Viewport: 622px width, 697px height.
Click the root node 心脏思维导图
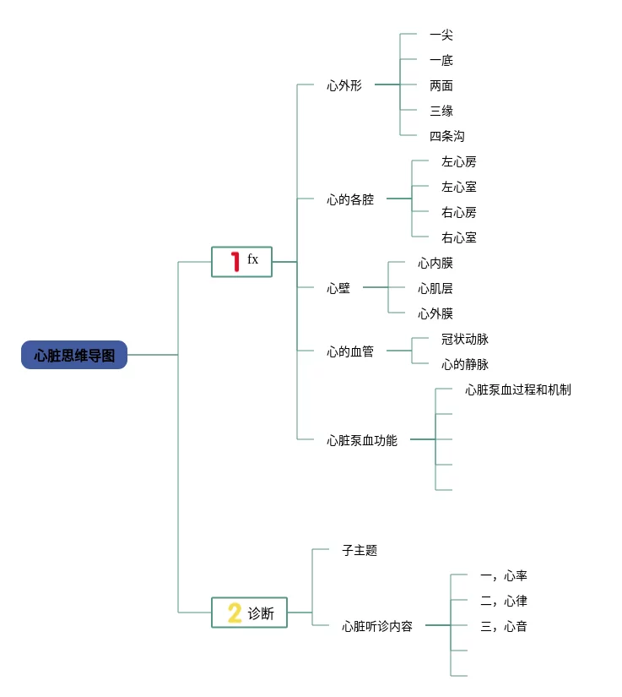(74, 356)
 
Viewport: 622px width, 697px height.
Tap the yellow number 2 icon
(234, 613)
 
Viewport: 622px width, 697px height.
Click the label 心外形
(344, 85)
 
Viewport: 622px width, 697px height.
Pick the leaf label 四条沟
(446, 136)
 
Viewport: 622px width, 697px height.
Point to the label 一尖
(441, 35)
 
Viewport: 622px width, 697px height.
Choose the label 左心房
(458, 161)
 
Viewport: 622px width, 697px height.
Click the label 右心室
(458, 237)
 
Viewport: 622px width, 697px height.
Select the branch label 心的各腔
(350, 199)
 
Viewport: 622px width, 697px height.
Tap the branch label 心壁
(338, 288)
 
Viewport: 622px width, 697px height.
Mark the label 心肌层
(435, 288)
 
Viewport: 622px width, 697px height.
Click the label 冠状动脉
(464, 339)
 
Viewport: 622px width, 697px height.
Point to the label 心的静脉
(464, 364)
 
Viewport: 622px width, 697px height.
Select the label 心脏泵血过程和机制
(517, 389)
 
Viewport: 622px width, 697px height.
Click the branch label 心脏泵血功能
(362, 440)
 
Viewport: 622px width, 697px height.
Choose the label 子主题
(360, 550)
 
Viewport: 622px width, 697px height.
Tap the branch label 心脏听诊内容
(377, 626)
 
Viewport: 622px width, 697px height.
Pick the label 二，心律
(503, 601)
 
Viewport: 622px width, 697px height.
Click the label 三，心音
(503, 626)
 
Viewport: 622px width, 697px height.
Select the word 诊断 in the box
(261, 613)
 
